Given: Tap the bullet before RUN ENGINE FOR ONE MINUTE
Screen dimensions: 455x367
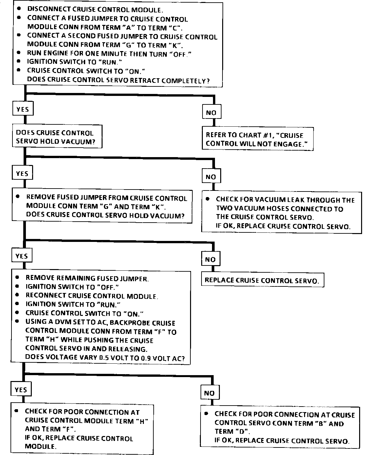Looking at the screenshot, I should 20,53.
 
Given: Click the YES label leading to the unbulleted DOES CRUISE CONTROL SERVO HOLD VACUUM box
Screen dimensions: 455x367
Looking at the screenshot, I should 23,109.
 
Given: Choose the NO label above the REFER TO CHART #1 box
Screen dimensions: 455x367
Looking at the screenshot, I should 211,113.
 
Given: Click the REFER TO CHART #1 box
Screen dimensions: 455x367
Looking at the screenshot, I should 257,139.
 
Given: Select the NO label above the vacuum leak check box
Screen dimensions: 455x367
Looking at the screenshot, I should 211,177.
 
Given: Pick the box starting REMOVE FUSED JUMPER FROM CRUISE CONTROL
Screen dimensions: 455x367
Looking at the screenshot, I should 102,206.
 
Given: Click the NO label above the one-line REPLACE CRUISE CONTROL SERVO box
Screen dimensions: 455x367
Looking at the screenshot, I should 210,260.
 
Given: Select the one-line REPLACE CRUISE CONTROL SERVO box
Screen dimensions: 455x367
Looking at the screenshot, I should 262,280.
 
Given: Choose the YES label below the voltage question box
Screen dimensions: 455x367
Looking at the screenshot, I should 21,390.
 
